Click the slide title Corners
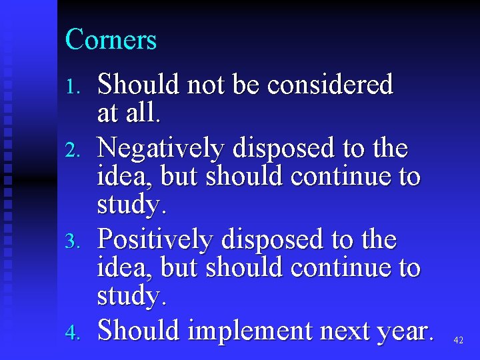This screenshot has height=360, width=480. [x=111, y=40]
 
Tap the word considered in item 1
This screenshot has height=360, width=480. [x=330, y=85]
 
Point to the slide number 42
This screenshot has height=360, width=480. [x=458, y=341]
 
